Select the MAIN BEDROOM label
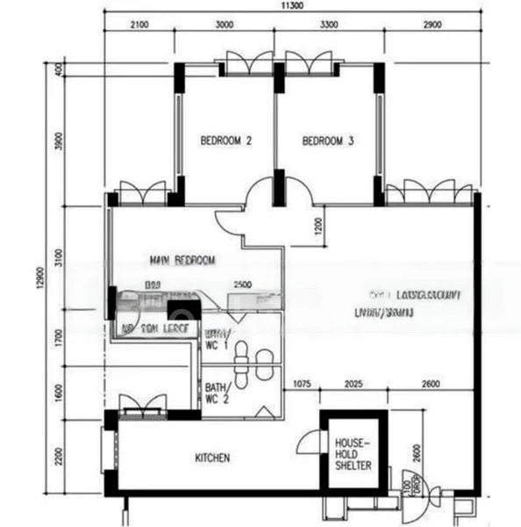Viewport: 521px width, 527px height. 182,261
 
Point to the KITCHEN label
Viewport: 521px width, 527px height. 212,458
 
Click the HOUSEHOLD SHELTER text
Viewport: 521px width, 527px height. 353,454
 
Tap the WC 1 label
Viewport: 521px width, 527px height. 217,340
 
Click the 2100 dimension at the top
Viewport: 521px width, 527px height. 139,25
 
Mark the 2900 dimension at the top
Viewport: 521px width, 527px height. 431,25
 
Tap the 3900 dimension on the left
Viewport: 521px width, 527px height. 59,143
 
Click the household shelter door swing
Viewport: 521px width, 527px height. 309,442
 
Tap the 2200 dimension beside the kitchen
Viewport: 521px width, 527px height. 59,456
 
